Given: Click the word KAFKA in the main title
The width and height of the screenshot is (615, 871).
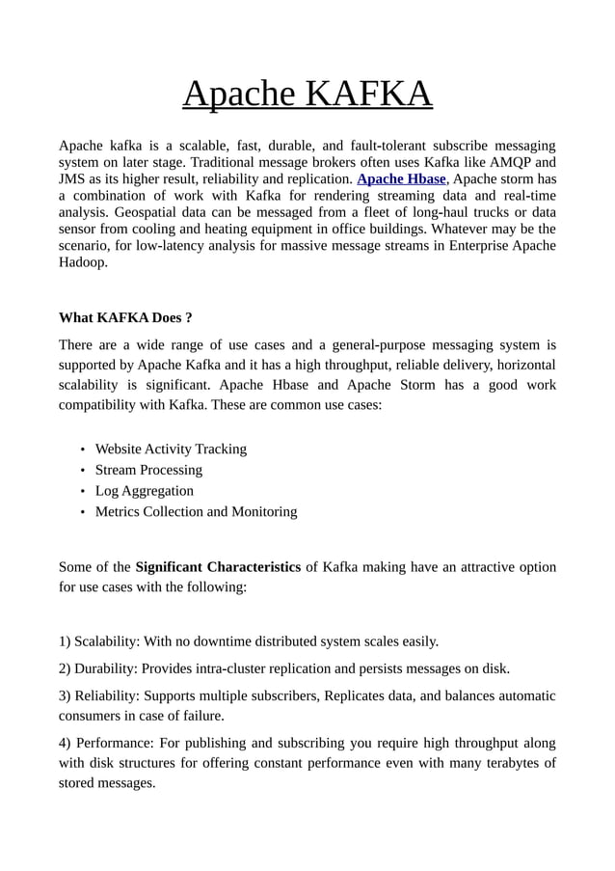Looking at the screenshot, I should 369,95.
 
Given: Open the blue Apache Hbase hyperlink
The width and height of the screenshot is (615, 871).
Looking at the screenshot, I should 401,179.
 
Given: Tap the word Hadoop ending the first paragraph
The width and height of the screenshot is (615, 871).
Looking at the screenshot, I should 83,261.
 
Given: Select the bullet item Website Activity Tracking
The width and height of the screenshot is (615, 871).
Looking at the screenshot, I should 171,449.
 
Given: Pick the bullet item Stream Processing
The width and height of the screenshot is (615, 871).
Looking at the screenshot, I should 148,470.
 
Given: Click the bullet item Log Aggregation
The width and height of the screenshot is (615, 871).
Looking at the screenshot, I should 144,491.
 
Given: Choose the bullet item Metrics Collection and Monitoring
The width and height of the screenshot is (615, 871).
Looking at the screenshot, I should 196,511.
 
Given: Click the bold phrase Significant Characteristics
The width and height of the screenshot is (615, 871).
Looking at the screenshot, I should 218,566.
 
